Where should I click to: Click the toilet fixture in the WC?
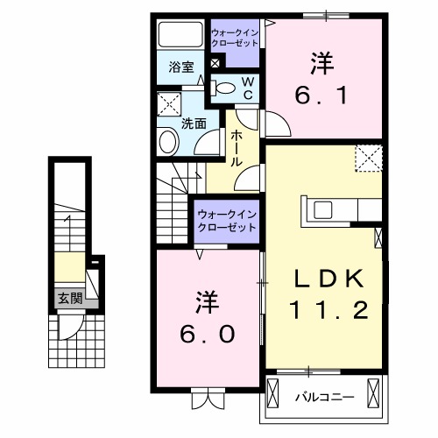click(226, 86)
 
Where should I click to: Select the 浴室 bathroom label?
click(180, 67)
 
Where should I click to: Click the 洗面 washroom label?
click(194, 124)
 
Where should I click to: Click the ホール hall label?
click(237, 150)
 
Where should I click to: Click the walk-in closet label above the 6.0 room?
click(225, 220)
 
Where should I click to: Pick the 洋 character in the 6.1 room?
click(321, 63)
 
